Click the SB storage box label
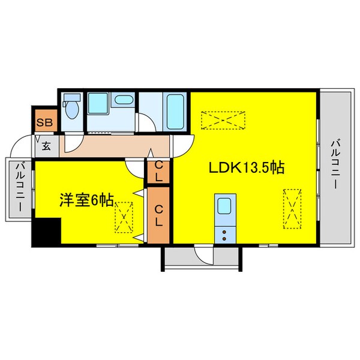tap(44, 123)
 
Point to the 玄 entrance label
tap(46, 145)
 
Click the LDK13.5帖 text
tap(246, 168)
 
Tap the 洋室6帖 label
tap(86, 200)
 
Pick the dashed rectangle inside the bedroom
tap(124, 217)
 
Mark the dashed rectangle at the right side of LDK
tap(291, 208)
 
